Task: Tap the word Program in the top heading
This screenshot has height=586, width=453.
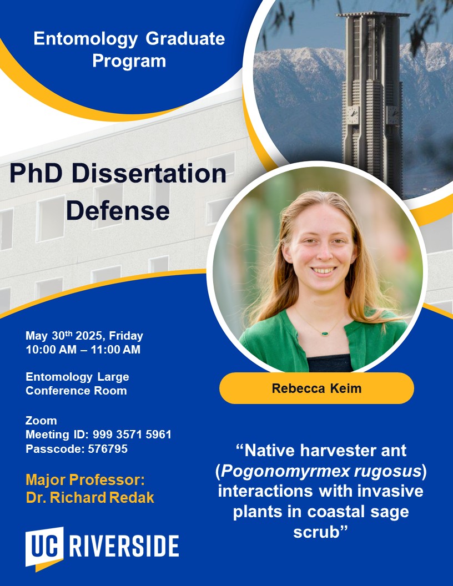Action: click(129, 61)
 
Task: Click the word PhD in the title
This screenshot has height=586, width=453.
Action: click(36, 173)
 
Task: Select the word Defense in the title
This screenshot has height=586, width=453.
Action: click(118, 211)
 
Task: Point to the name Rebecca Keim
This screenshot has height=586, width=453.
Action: click(316, 388)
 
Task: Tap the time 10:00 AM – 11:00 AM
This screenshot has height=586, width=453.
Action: click(83, 350)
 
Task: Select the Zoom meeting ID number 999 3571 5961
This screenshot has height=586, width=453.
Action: click(132, 435)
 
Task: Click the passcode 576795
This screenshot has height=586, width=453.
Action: click(108, 449)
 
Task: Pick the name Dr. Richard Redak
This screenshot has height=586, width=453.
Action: click(90, 498)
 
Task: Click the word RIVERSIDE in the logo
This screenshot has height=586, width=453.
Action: click(124, 547)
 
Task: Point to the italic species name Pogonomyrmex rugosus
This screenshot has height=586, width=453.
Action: click(321, 471)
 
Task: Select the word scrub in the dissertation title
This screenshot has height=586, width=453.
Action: click(316, 532)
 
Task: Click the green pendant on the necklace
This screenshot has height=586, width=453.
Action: click(325, 333)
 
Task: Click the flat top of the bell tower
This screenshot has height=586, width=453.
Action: click(373, 15)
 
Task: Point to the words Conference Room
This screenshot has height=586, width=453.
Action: click(76, 391)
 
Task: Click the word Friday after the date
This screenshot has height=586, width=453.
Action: click(126, 336)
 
